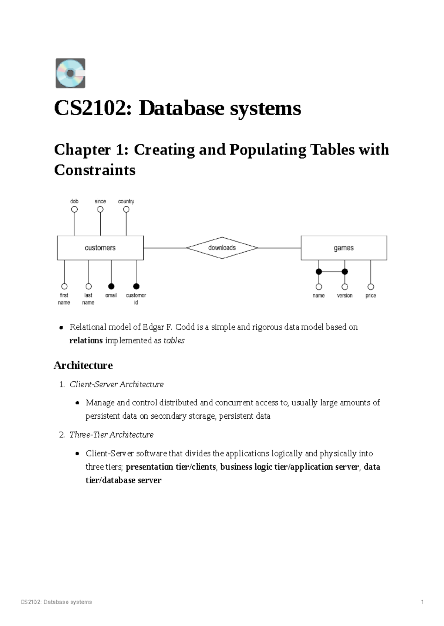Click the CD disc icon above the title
pyautogui.click(x=70, y=73)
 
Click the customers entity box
pyautogui.click(x=100, y=248)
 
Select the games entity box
pyautogui.click(x=344, y=248)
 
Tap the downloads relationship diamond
pyautogui.click(x=222, y=248)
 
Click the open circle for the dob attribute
pyautogui.click(x=74, y=210)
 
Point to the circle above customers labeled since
pyautogui.click(x=100, y=210)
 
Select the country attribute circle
pyautogui.click(x=126, y=210)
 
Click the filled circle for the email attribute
pyautogui.click(x=111, y=286)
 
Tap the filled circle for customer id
pyautogui.click(x=136, y=286)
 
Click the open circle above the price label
pyautogui.click(x=371, y=286)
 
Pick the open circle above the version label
pyautogui.click(x=345, y=286)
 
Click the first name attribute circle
pyautogui.click(x=64, y=286)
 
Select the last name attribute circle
pyautogui.click(x=88, y=286)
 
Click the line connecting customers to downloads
pyautogui.click(x=165, y=248)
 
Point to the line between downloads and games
pyautogui.click(x=279, y=248)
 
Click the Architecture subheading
pyautogui.click(x=83, y=365)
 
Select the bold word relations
pyautogui.click(x=86, y=340)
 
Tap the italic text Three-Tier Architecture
pyautogui.click(x=111, y=435)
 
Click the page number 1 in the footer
pyautogui.click(x=422, y=602)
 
